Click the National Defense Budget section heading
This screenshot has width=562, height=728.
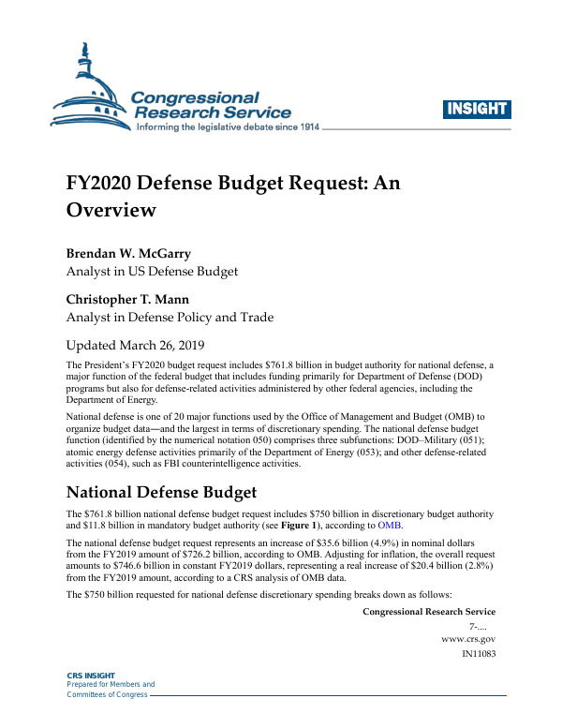(160, 492)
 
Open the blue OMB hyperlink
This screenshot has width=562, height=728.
(390, 526)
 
